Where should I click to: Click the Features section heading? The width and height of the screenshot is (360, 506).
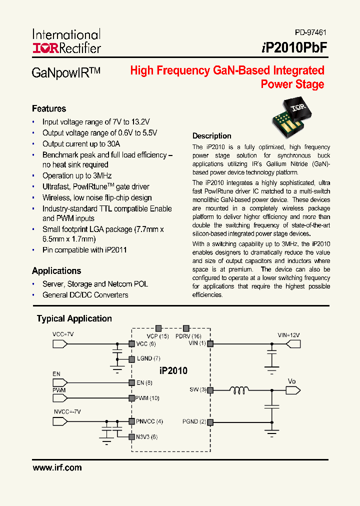pyautogui.click(x=49, y=108)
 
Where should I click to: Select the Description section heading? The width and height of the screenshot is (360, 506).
pyautogui.click(x=212, y=136)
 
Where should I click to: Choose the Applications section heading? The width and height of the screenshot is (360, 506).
pyautogui.click(x=56, y=270)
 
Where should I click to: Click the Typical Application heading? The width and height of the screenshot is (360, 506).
pyautogui.click(x=74, y=318)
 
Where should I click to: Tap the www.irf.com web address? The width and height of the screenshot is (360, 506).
pyautogui.click(x=57, y=468)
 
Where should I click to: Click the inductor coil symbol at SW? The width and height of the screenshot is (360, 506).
pyautogui.click(x=240, y=390)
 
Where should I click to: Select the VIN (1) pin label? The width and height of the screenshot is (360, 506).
pyautogui.click(x=197, y=343)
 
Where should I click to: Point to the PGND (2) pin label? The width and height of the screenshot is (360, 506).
pyautogui.click(x=195, y=422)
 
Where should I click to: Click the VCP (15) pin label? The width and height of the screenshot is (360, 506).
pyautogui.click(x=157, y=336)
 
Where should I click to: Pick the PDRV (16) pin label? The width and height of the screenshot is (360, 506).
pyautogui.click(x=188, y=336)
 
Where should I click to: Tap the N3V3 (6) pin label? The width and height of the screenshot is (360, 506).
pyautogui.click(x=146, y=436)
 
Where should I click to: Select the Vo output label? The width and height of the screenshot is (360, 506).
pyautogui.click(x=292, y=381)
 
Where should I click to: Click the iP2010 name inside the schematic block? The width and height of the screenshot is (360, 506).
pyautogui.click(x=173, y=370)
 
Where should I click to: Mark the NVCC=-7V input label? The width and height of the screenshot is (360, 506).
pyautogui.click(x=67, y=411)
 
